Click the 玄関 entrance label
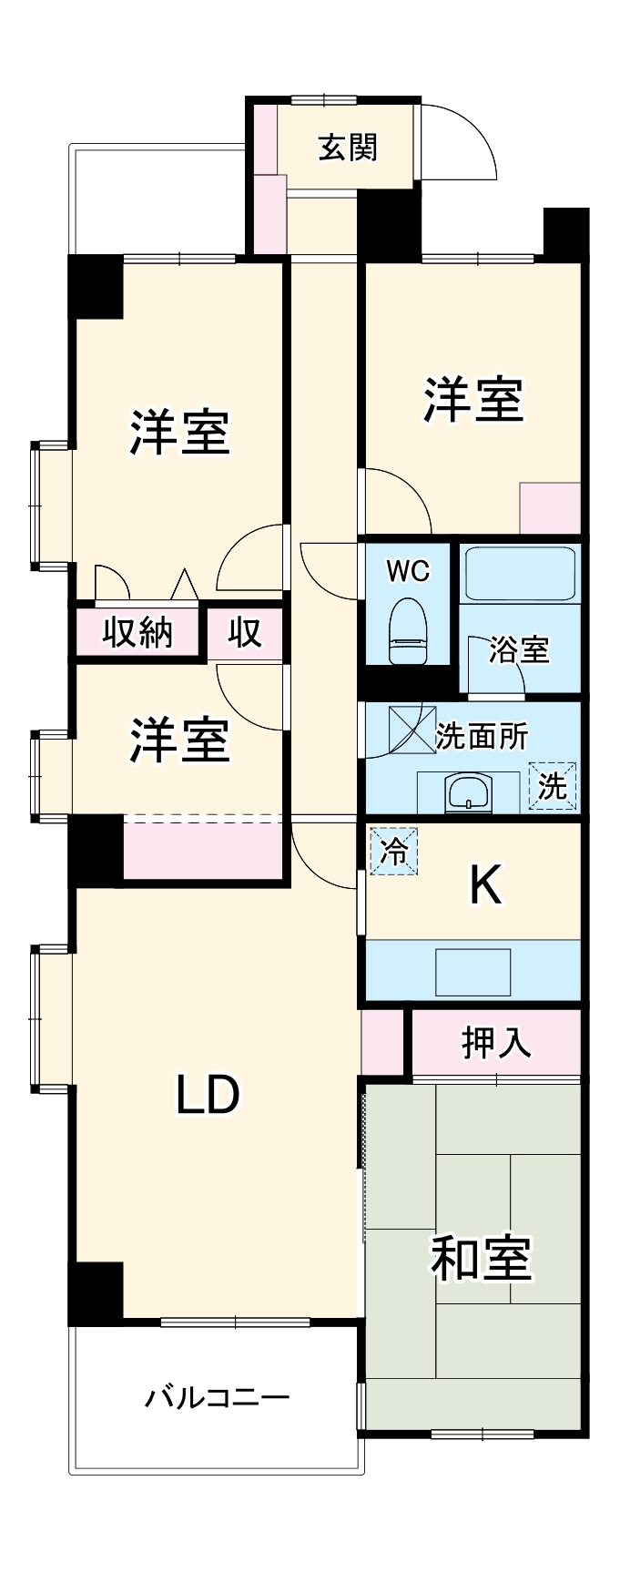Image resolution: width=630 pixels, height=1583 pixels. (347, 147)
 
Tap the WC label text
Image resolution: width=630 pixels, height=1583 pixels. (408, 571)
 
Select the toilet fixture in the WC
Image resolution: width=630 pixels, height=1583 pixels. (407, 631)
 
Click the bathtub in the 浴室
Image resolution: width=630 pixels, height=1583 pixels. (518, 573)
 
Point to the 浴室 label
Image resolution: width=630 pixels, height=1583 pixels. (519, 650)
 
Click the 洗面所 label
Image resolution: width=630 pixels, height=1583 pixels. (482, 736)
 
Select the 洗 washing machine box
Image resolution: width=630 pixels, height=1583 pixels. (553, 786)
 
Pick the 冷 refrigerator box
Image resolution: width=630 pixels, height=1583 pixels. (393, 851)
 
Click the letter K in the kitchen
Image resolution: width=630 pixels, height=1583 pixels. (485, 884)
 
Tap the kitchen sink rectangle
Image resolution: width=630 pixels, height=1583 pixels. (472, 972)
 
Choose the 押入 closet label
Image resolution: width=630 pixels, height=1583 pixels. (496, 1043)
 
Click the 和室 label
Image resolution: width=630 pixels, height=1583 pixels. (480, 1258)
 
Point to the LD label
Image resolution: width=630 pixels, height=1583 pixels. (208, 1095)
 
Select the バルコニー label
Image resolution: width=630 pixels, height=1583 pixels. (218, 1396)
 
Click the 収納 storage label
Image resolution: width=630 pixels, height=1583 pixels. (137, 631)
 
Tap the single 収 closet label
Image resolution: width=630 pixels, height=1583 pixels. (245, 631)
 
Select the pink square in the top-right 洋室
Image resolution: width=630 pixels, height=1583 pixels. (550, 508)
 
